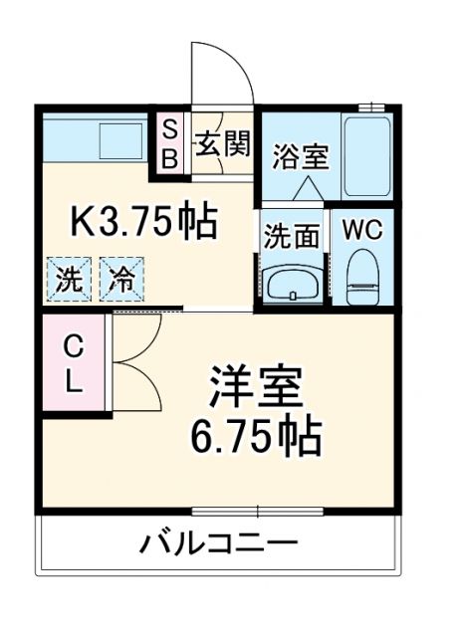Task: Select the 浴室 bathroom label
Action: pyautogui.click(x=301, y=156)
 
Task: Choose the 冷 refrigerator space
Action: pyautogui.click(x=121, y=279)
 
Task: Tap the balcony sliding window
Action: pyautogui.click(x=257, y=512)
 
